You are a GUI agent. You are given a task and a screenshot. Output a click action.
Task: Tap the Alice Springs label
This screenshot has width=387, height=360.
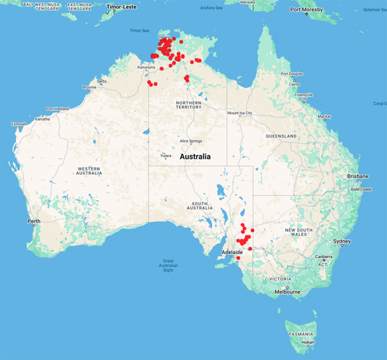(191, 141)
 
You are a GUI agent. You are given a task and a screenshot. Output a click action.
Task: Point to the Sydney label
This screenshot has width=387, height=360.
(342, 241)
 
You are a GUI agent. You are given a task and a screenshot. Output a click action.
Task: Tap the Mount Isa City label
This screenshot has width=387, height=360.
(239, 113)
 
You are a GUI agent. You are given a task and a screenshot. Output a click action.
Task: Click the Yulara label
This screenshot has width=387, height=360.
(165, 155)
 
